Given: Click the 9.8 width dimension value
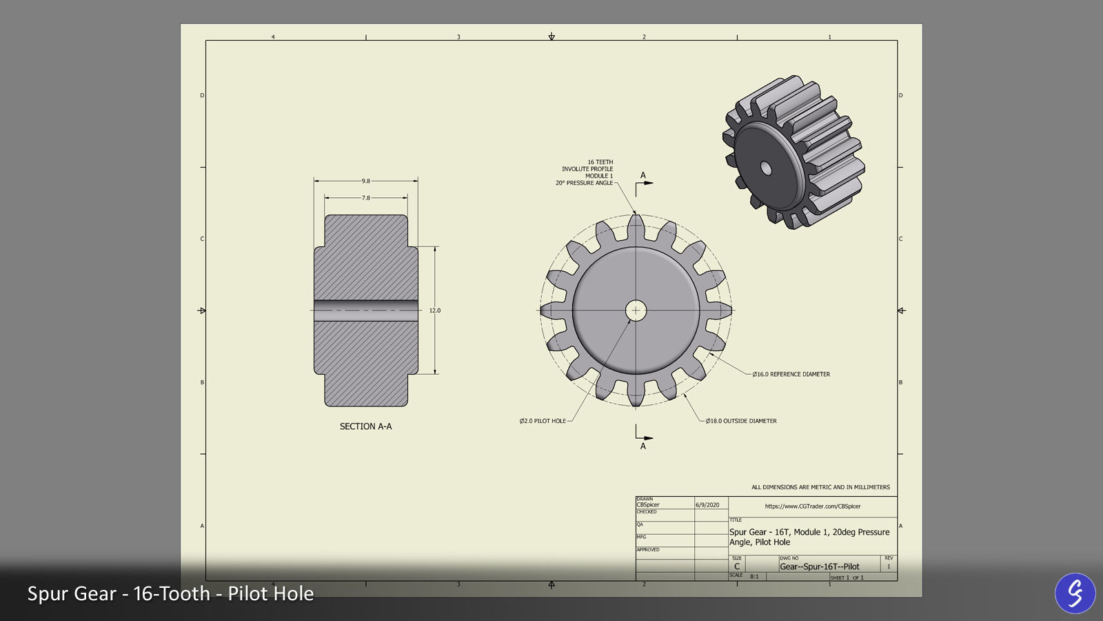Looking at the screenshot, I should tap(365, 181).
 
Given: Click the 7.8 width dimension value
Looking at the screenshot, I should tap(365, 198).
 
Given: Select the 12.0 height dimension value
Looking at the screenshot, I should tap(435, 310).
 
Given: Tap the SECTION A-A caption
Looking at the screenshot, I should tap(365, 426).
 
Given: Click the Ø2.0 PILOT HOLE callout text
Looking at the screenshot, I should tap(543, 421).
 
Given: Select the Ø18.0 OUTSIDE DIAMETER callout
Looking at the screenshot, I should tap(741, 421).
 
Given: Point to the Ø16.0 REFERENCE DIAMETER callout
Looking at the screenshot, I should tap(791, 374).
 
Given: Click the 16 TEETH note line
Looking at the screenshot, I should tap(600, 162).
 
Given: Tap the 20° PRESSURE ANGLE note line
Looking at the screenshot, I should tap(584, 183).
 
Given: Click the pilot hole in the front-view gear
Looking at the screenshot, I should tap(636, 310).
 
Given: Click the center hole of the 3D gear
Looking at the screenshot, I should tap(765, 167).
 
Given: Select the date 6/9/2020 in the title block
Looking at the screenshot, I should tap(707, 505).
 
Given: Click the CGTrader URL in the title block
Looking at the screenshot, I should tap(813, 506).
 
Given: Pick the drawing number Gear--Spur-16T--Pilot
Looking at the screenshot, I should tap(820, 566).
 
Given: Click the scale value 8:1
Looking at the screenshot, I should tap(754, 576).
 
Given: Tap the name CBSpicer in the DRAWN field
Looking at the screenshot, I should tap(648, 504).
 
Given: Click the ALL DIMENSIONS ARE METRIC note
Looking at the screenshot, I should tap(820, 487).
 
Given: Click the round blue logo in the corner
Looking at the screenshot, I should tap(1075, 593).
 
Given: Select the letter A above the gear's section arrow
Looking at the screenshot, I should tap(643, 175).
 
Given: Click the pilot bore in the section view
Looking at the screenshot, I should tap(365, 310).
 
